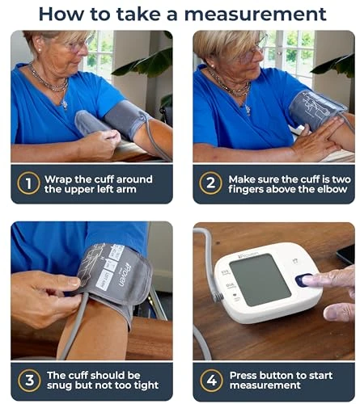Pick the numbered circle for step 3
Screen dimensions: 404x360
[x=28, y=381]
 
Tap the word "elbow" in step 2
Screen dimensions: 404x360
[x=312, y=190]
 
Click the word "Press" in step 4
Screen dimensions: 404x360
[x=244, y=375]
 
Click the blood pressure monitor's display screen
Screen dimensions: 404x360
[x=259, y=279]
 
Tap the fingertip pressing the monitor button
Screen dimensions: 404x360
[x=311, y=280]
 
